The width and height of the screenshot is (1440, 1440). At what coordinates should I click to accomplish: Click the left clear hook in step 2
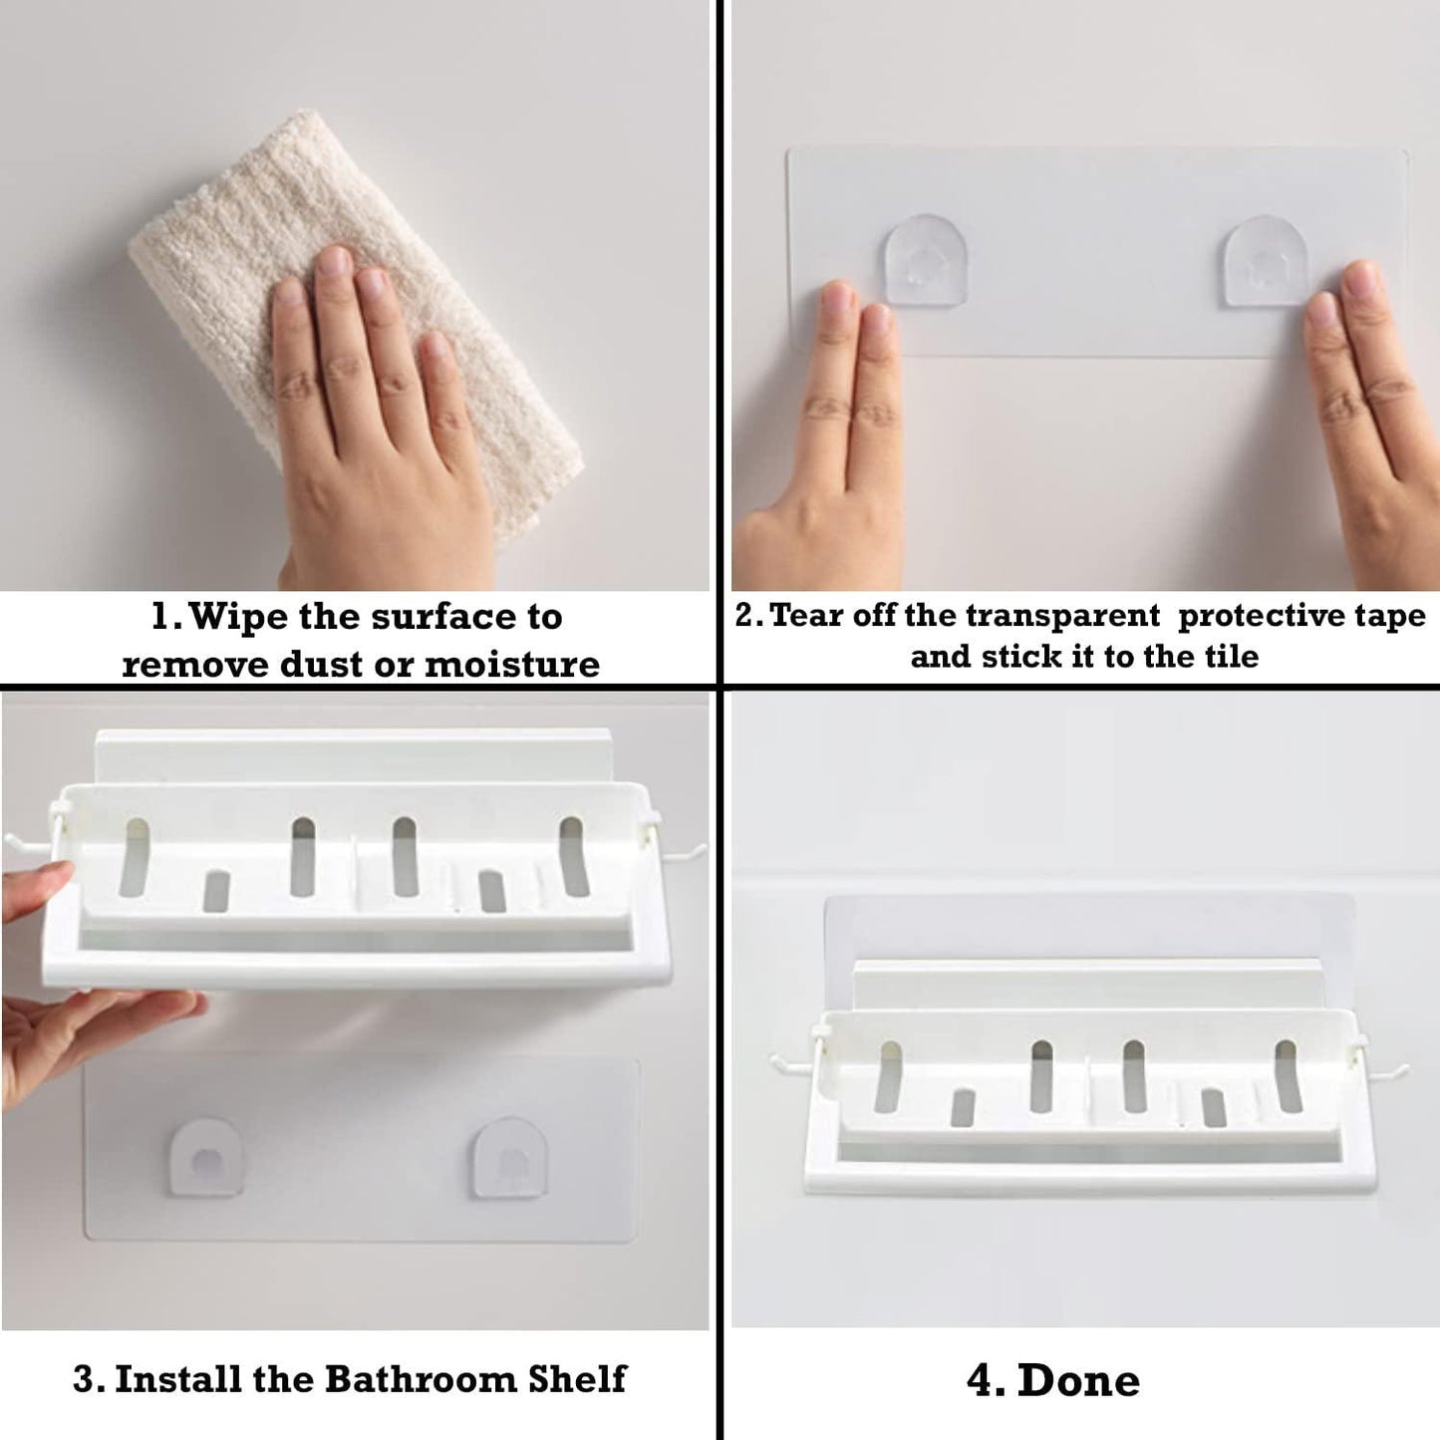click(927, 260)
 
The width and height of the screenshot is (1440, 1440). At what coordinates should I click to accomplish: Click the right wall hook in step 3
click(510, 1158)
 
